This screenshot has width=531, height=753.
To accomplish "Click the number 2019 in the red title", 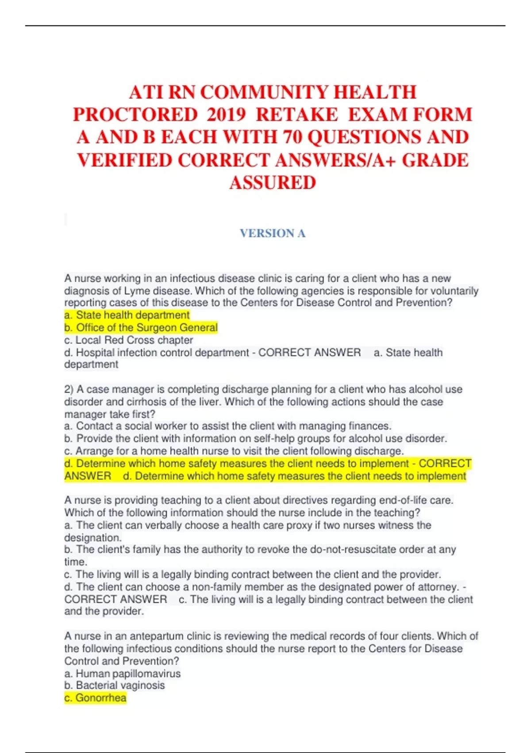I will coord(226,115).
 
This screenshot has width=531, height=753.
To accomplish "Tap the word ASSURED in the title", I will coord(273,182).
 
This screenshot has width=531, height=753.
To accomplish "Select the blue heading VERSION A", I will coord(273,233).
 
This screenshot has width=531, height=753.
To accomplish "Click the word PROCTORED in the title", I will coord(135,115).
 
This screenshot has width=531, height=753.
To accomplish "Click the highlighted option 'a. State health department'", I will coord(127,315).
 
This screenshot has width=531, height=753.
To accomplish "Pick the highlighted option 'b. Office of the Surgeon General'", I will coord(141,327).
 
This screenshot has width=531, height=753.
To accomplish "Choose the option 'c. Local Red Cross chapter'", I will coord(129,340).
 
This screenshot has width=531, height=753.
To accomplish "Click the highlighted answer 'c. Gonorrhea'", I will coord(96,698).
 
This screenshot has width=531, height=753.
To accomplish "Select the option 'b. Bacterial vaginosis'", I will coord(115,685).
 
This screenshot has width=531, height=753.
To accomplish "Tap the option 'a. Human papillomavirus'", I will coord(123,673).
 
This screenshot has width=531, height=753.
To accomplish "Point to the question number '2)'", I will coord(69,389).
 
